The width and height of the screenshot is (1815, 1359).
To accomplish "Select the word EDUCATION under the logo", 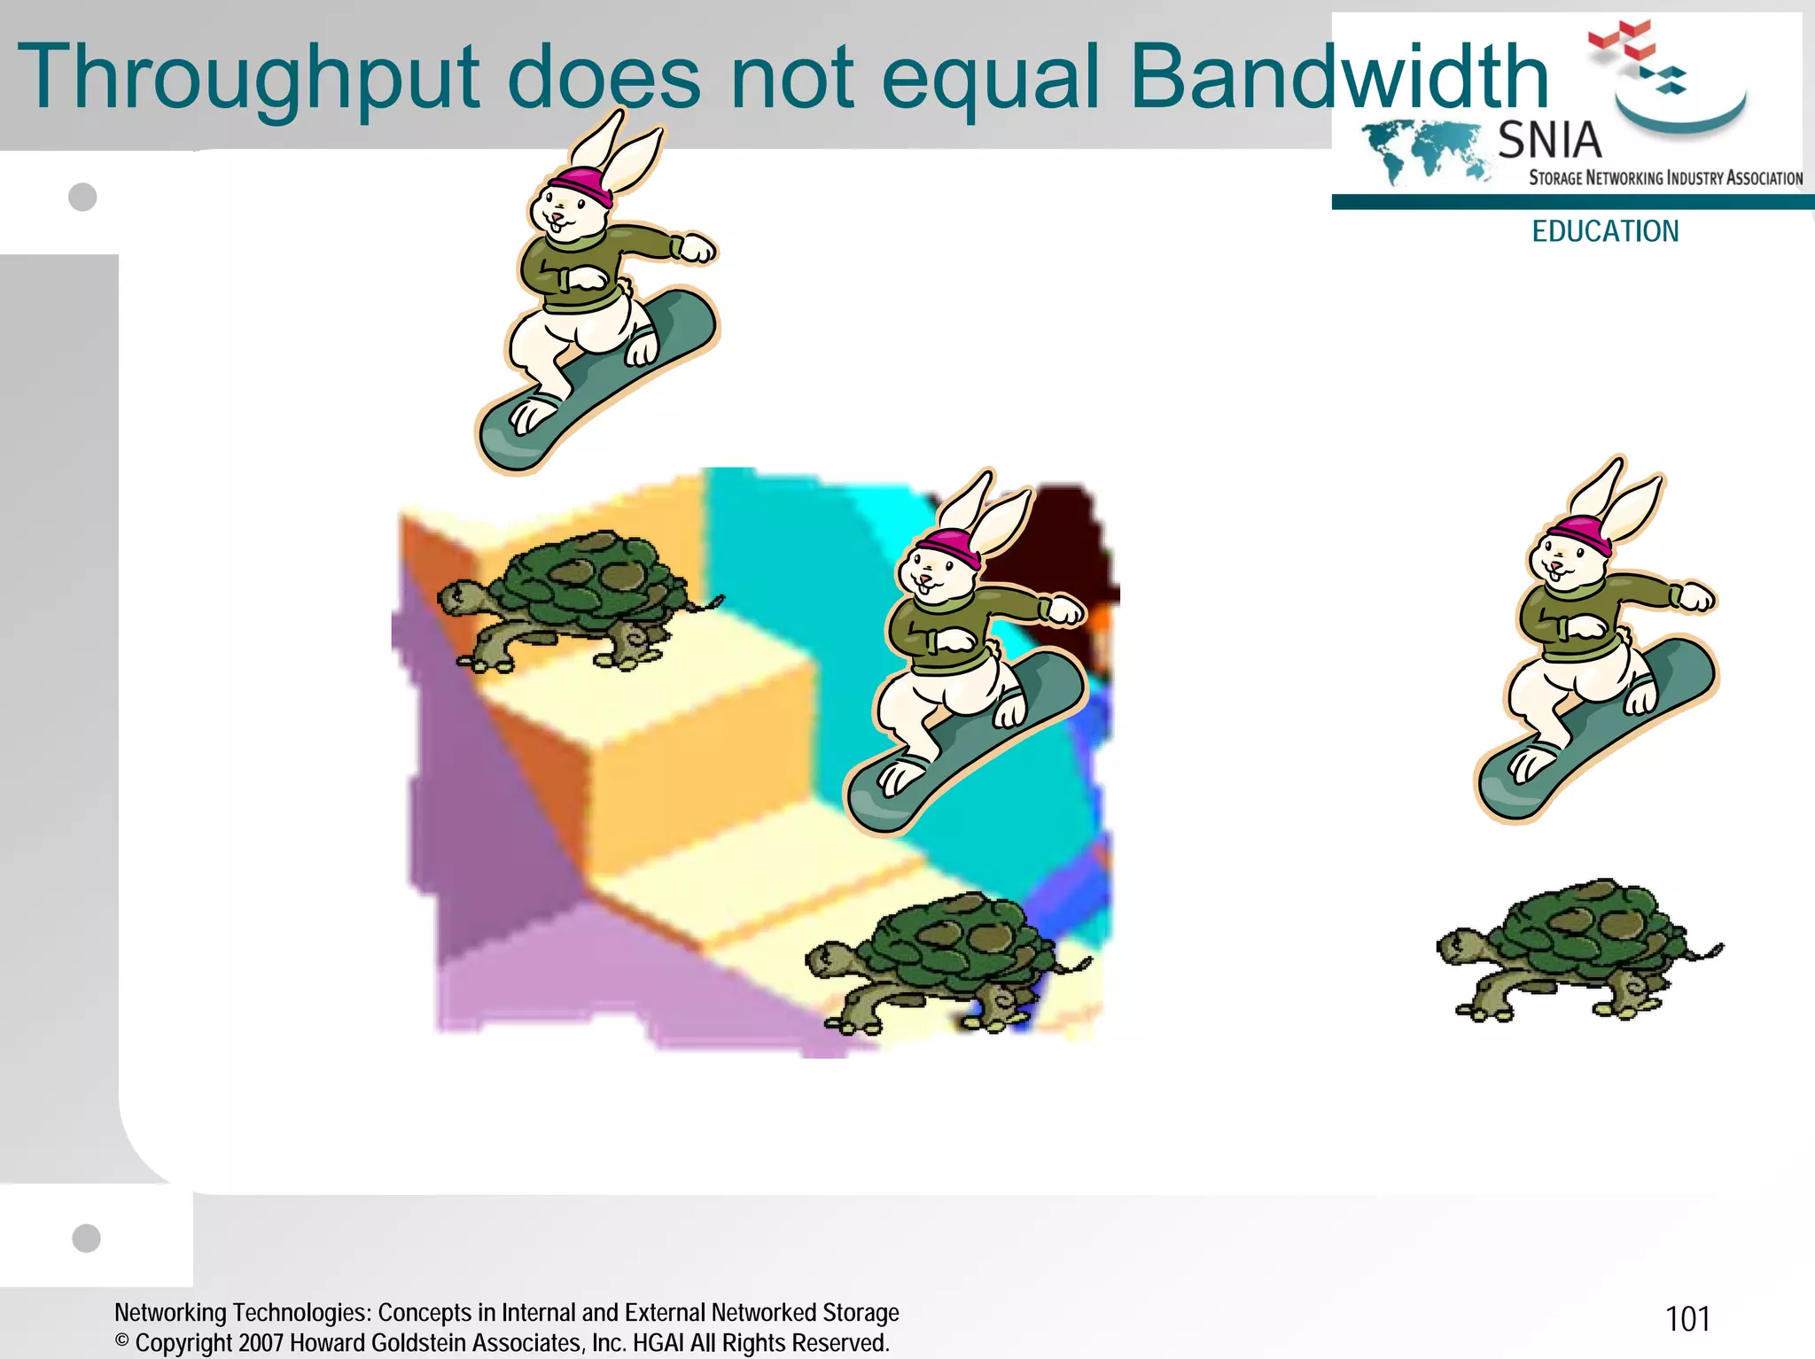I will point(1605,231).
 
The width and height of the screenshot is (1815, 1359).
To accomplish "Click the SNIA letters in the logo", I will point(1549,140).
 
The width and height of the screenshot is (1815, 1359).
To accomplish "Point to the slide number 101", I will point(1687,1319).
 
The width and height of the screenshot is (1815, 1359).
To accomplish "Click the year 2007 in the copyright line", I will point(261,1343).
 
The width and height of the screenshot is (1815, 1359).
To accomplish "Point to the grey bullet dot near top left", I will point(82,197).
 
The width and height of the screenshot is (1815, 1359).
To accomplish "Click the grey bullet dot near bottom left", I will point(86,1238).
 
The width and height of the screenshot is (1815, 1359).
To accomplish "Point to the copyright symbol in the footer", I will point(122,1341).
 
